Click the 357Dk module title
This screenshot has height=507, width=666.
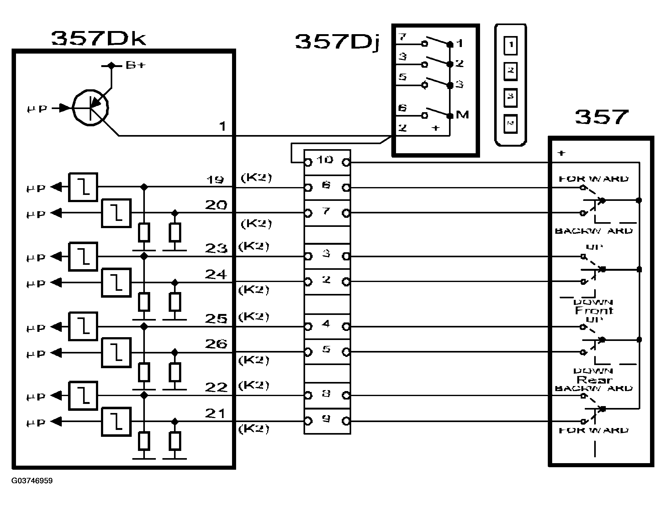point(98,39)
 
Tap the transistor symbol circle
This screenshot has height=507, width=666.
point(90,108)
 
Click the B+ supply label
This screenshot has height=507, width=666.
point(135,65)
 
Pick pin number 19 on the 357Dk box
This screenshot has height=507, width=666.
point(215,180)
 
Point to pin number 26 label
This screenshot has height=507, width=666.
point(216,344)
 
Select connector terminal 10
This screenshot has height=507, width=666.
point(325,160)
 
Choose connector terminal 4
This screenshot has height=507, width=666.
point(326,324)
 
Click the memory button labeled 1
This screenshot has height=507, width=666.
point(511,45)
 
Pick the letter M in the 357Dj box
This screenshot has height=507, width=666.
point(462,115)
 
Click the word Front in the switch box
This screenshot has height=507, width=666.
point(594,311)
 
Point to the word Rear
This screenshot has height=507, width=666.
point(594,380)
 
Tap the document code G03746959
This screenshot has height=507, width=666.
point(32,481)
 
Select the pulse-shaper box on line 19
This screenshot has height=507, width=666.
point(83,187)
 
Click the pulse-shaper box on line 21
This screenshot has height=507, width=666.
point(116,422)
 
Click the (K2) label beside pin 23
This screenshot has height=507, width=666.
point(254,247)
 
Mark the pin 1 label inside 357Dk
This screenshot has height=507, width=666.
point(222,127)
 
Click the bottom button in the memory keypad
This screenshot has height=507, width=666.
point(511,124)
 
